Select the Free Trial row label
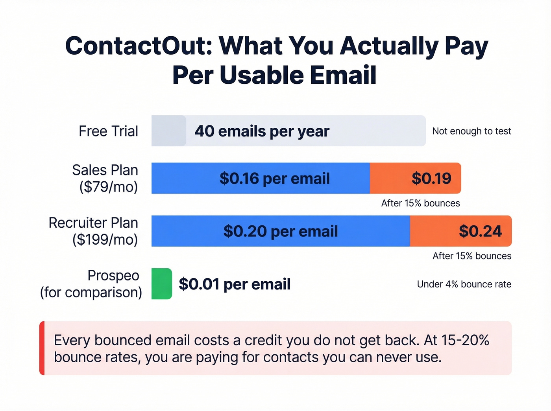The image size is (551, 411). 108,131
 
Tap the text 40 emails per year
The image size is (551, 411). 262,131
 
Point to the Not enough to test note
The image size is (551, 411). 471,131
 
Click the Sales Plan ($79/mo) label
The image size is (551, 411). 105,178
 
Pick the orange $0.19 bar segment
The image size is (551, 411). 415,178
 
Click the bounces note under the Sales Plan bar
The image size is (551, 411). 420,203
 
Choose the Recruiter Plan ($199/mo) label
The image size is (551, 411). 94,231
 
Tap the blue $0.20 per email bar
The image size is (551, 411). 280,231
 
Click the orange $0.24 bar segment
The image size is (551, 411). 460,231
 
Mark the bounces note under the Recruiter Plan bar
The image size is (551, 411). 472,256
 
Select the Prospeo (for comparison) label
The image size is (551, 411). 91,284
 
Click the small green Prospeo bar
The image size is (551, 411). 161,284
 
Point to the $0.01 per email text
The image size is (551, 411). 235,284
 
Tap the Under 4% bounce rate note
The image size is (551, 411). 464,284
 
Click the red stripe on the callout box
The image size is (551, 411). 42,348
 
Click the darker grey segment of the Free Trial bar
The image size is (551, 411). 168,131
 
